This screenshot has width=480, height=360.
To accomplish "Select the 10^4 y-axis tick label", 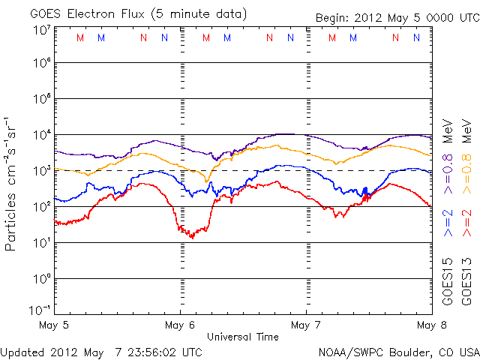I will tap(40, 135).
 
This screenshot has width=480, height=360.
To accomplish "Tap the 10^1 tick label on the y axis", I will tap(40, 243).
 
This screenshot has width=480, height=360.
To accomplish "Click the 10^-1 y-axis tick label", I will tap(40, 310).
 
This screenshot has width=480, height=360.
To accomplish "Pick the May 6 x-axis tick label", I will tap(180, 325).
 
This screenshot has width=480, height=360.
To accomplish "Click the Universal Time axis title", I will tap(243, 337).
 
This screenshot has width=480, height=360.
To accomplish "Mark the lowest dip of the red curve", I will tap(192, 237).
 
